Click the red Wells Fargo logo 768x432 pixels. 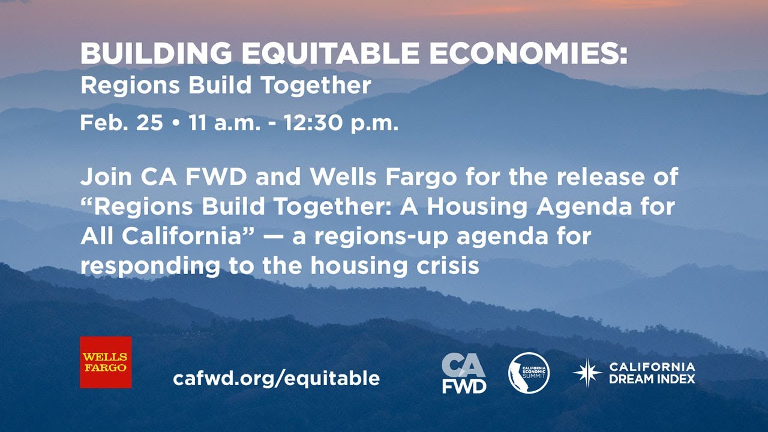click(x=106, y=362)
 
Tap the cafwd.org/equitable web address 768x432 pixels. click(x=276, y=378)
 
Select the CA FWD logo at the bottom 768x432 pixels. click(x=464, y=373)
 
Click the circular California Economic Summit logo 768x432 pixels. click(x=529, y=373)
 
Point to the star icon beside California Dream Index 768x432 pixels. click(x=587, y=373)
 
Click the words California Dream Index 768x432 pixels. click(x=652, y=373)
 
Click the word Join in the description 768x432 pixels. click(x=106, y=178)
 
